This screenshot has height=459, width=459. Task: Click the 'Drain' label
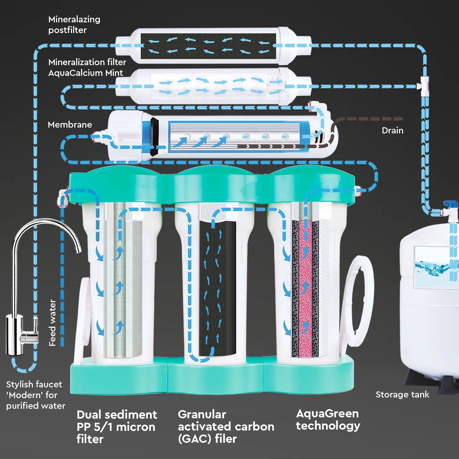point(393,130)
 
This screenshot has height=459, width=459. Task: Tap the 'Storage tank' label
point(402,394)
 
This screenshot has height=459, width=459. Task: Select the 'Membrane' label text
point(70,125)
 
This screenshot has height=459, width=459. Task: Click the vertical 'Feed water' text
point(53,323)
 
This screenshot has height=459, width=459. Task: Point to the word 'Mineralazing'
point(74,19)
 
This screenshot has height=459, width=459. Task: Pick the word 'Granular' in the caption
point(202,414)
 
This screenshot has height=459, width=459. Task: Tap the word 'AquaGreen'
point(327,413)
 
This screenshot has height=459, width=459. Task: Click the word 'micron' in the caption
point(136,427)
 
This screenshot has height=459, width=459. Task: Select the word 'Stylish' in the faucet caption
point(20,384)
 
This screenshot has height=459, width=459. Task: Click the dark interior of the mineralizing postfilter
point(208,46)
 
